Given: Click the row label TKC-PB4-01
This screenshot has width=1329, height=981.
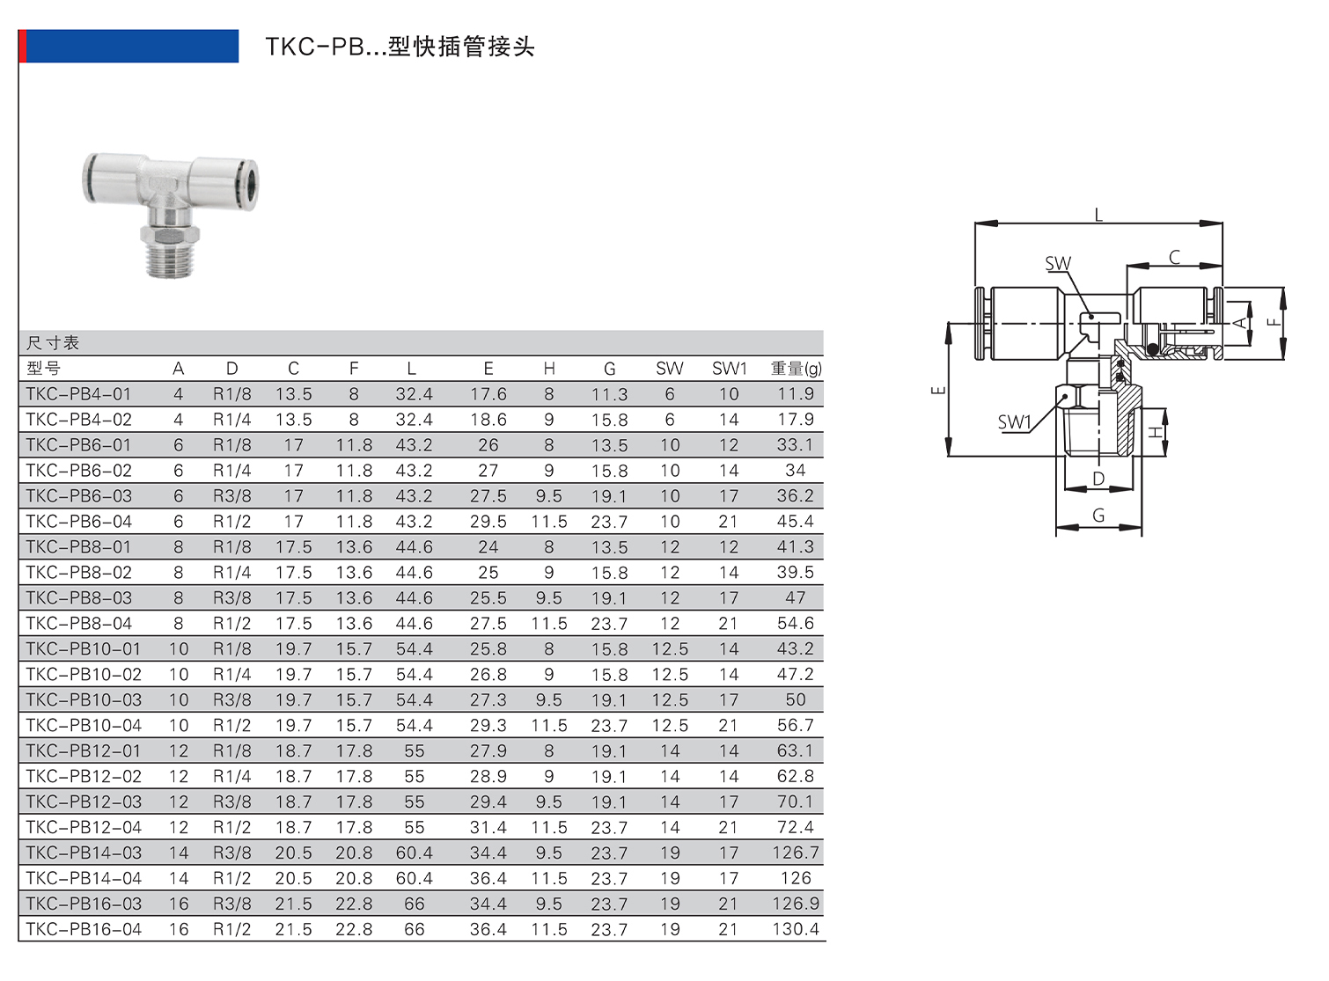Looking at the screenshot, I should coord(78,394).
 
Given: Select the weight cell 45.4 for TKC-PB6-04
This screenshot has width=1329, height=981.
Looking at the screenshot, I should coord(795,522).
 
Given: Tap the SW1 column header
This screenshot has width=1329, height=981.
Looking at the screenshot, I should coord(729,369).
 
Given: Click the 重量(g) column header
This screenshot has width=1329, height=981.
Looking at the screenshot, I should coord(796,369).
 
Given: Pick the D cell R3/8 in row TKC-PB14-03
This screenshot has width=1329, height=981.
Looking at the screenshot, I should coord(231,853).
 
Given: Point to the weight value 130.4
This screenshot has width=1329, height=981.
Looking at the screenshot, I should coord(795,929).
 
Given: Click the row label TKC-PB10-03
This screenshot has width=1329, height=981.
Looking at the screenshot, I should coord(84,699).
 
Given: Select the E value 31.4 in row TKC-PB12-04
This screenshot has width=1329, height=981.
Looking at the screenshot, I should coord(488,827).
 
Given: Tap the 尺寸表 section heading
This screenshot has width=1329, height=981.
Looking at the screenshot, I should coord(53,343).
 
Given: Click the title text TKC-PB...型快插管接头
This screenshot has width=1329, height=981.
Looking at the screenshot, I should coord(400,47).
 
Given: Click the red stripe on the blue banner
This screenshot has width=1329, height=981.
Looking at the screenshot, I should coord(22,46).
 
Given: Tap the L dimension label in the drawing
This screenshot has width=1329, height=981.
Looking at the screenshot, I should coord(1098,215).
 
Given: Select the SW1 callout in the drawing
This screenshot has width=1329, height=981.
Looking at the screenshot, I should coord(1013,422).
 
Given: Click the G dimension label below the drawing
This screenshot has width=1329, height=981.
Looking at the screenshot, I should coord(1098,516).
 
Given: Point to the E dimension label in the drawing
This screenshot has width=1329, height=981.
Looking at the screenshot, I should coord(938,389).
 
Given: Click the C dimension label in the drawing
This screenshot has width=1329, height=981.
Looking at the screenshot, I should coord(1174,257).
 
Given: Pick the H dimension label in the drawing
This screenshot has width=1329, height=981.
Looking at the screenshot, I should coord(1156,432).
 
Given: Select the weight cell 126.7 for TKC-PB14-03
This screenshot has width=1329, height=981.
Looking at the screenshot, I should coord(795,853).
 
